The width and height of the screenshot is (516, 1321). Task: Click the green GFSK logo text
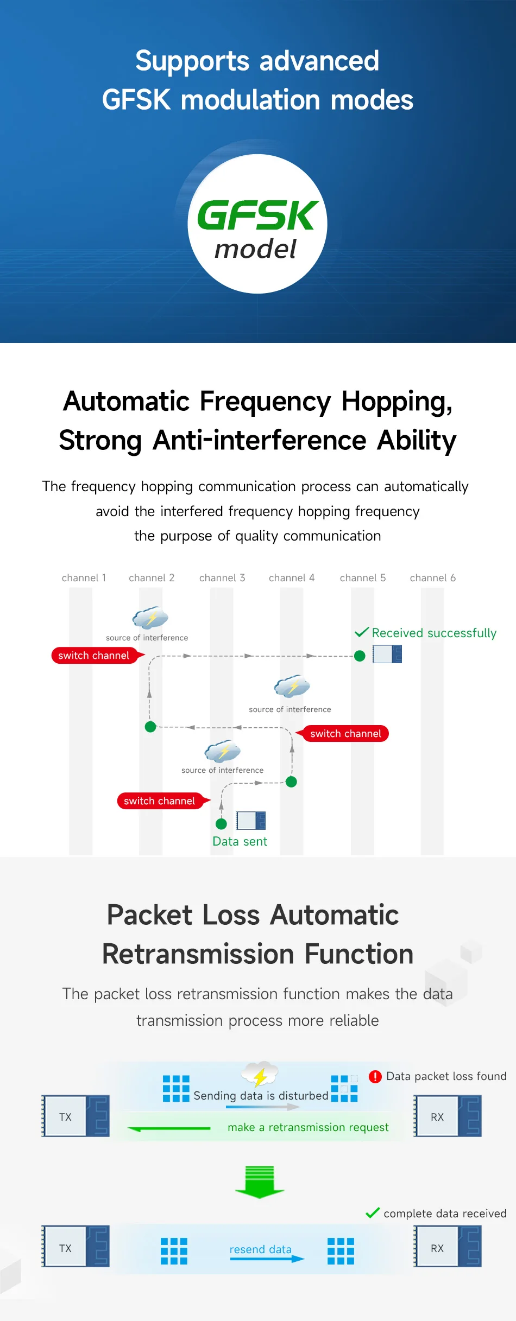tap(257, 215)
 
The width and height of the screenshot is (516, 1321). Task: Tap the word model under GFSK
tap(255, 249)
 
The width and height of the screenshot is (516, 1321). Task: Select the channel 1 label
tap(84, 578)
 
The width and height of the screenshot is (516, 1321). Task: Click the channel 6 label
tap(433, 578)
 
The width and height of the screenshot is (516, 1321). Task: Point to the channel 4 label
tap(292, 578)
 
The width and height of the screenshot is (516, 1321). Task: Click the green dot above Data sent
tap(221, 824)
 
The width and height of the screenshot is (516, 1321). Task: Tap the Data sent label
tap(240, 841)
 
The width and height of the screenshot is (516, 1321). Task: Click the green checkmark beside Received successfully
tap(362, 632)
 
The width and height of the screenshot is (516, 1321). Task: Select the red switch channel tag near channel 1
tap(97, 656)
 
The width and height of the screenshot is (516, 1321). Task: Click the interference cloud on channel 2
tap(150, 618)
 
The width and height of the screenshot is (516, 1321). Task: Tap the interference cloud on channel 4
tap(292, 687)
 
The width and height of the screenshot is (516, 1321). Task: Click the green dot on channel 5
tap(360, 656)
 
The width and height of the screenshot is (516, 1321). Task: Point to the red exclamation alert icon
tap(375, 1077)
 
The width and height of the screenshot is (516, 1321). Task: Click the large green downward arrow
tap(260, 1182)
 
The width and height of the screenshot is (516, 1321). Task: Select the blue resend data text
tap(260, 1249)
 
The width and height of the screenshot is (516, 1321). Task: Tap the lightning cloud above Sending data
tap(260, 1074)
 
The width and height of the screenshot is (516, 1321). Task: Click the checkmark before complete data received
tap(373, 1213)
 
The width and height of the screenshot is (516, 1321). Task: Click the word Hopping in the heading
tap(397, 402)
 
